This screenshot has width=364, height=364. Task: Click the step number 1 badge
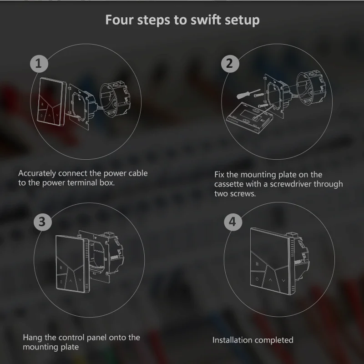pyautogui.click(x=39, y=64)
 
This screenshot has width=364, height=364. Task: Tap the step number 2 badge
pyautogui.click(x=230, y=64)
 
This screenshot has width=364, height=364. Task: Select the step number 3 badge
pyautogui.click(x=43, y=222)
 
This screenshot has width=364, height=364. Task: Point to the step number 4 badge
pyautogui.click(x=233, y=222)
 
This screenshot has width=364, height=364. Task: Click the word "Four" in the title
pyautogui.click(x=120, y=20)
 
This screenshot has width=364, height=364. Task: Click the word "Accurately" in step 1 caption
pyautogui.click(x=37, y=173)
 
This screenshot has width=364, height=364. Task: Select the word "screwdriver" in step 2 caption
pyautogui.click(x=290, y=184)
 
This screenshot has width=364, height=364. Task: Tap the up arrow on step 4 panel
pyautogui.click(x=270, y=280)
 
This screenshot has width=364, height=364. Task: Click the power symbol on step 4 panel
pyautogui.click(x=257, y=279)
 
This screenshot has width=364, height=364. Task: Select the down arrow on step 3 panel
pyautogui.click(x=80, y=280)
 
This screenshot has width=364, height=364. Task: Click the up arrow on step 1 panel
pyautogui.click(x=49, y=115)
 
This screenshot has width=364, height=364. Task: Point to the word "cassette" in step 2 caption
pyautogui.click(x=229, y=184)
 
